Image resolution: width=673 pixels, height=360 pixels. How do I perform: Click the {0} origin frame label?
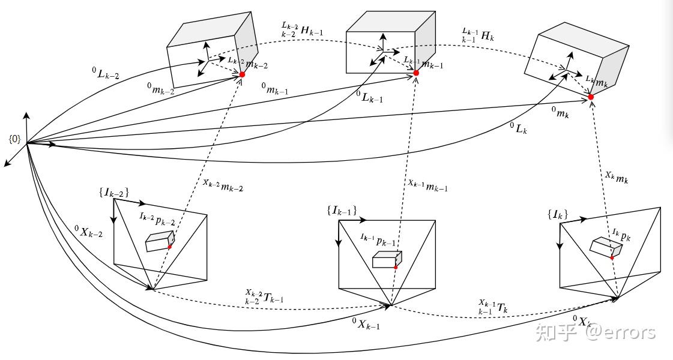(15, 139)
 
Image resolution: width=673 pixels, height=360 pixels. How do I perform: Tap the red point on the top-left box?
(242, 74)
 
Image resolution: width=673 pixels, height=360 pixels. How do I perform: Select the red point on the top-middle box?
(415, 73)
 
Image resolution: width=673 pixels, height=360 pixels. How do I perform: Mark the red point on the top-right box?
(591, 97)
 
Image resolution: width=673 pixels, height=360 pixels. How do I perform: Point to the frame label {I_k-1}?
(342, 211)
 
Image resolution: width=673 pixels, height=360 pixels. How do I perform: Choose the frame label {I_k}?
(558, 214)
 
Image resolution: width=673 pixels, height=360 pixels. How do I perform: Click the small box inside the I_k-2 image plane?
(160, 241)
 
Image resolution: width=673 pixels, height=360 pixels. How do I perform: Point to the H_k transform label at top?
(477, 35)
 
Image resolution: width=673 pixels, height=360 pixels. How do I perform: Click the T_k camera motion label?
(492, 307)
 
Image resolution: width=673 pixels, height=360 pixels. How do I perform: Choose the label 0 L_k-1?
(370, 97)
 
